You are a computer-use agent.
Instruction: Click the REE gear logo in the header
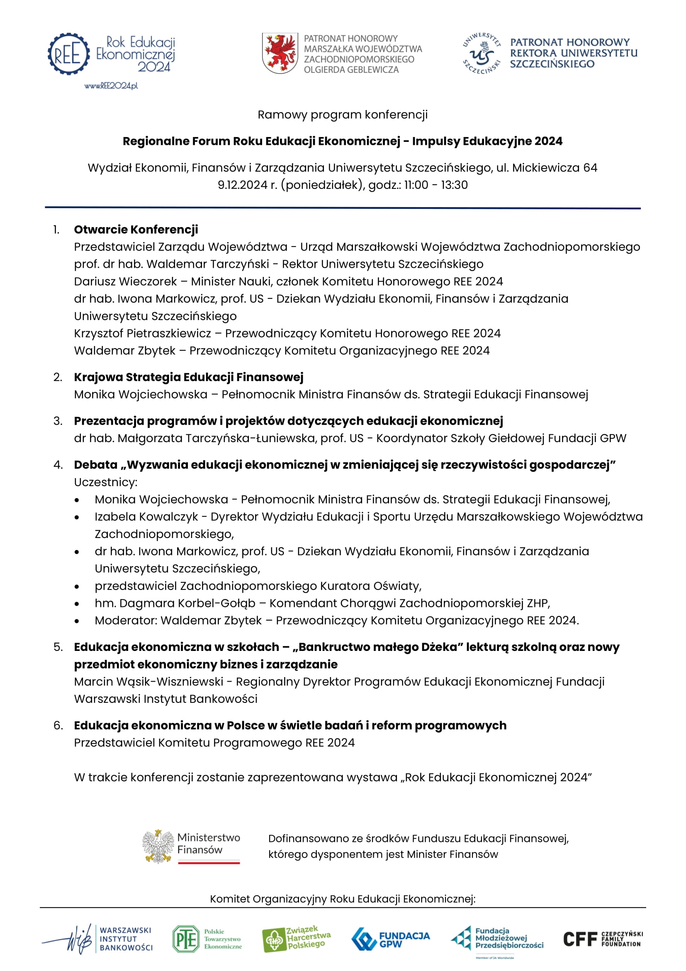pyautogui.click(x=68, y=54)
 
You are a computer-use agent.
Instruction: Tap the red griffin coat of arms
pyautogui.click(x=279, y=53)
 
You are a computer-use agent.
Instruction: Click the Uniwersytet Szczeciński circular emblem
pyautogui.click(x=482, y=54)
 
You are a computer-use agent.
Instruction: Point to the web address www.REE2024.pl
pyautogui.click(x=111, y=86)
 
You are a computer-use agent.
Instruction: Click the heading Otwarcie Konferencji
pyautogui.click(x=136, y=230)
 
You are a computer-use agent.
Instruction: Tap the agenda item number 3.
pyautogui.click(x=58, y=421)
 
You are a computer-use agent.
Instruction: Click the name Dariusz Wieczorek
pyautogui.click(x=125, y=281)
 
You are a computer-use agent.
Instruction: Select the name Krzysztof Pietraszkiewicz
pyautogui.click(x=142, y=333)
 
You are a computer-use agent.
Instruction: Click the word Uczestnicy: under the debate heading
pyautogui.click(x=106, y=482)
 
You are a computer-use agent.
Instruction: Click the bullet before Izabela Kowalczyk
pyautogui.click(x=76, y=517)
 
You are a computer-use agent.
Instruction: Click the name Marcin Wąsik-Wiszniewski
pyautogui.click(x=149, y=682)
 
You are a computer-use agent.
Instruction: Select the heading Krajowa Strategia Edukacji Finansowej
pyautogui.click(x=188, y=377)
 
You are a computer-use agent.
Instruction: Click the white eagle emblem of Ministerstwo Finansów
pyautogui.click(x=158, y=846)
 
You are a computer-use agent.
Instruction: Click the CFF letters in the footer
pyautogui.click(x=580, y=939)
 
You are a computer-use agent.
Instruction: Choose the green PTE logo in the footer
pyautogui.click(x=185, y=939)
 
